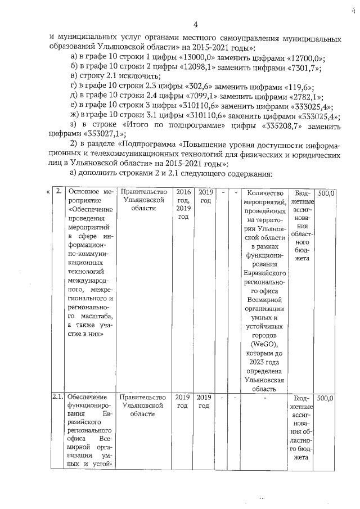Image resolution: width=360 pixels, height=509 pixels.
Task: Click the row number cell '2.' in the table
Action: click(58, 192)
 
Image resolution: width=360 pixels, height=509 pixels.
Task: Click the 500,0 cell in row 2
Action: click(326, 192)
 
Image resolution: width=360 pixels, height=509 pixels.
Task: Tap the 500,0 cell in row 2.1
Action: click(326, 398)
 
